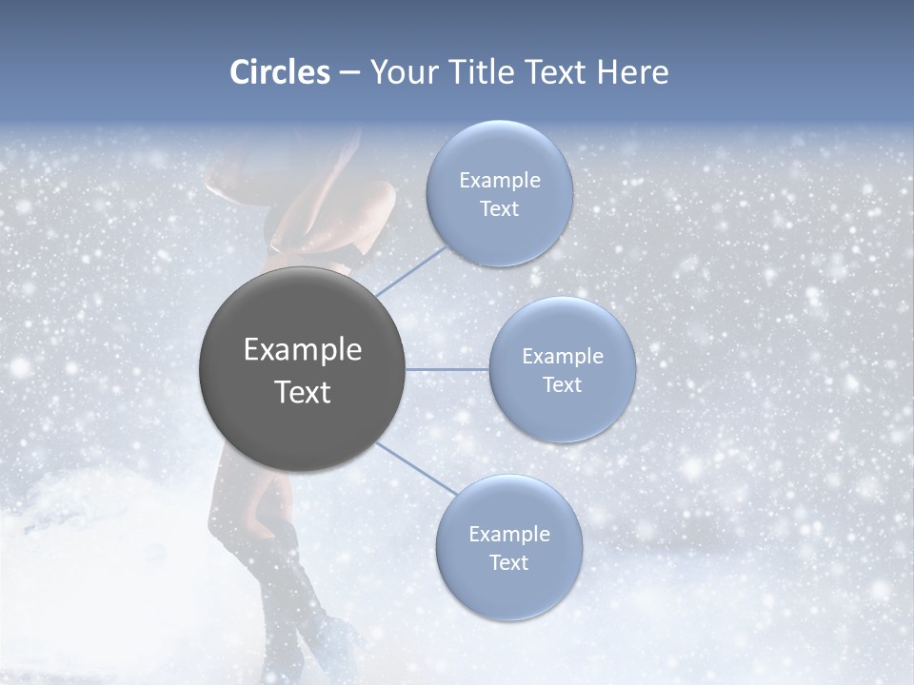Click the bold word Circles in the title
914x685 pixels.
click(280, 72)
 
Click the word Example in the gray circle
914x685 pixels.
click(303, 350)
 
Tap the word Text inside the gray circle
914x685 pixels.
click(303, 392)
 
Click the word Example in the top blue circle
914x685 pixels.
click(499, 180)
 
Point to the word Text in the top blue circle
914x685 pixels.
click(499, 209)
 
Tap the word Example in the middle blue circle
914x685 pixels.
click(562, 356)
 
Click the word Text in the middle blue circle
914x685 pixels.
click(562, 384)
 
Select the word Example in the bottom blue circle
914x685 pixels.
click(508, 534)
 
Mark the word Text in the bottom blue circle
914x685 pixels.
click(508, 562)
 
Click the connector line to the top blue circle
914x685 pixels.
click(411, 270)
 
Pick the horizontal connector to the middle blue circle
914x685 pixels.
click(447, 369)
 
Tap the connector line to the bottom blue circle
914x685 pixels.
click(417, 469)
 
